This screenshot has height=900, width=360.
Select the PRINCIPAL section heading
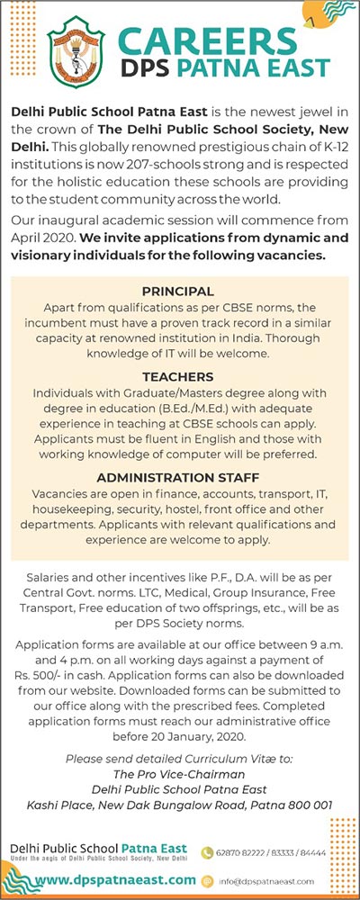pos(178,291)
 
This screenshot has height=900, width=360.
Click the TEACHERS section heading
pos(178,377)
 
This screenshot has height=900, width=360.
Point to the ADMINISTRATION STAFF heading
pos(178,477)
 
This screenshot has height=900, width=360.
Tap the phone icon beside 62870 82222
pos(207,851)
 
